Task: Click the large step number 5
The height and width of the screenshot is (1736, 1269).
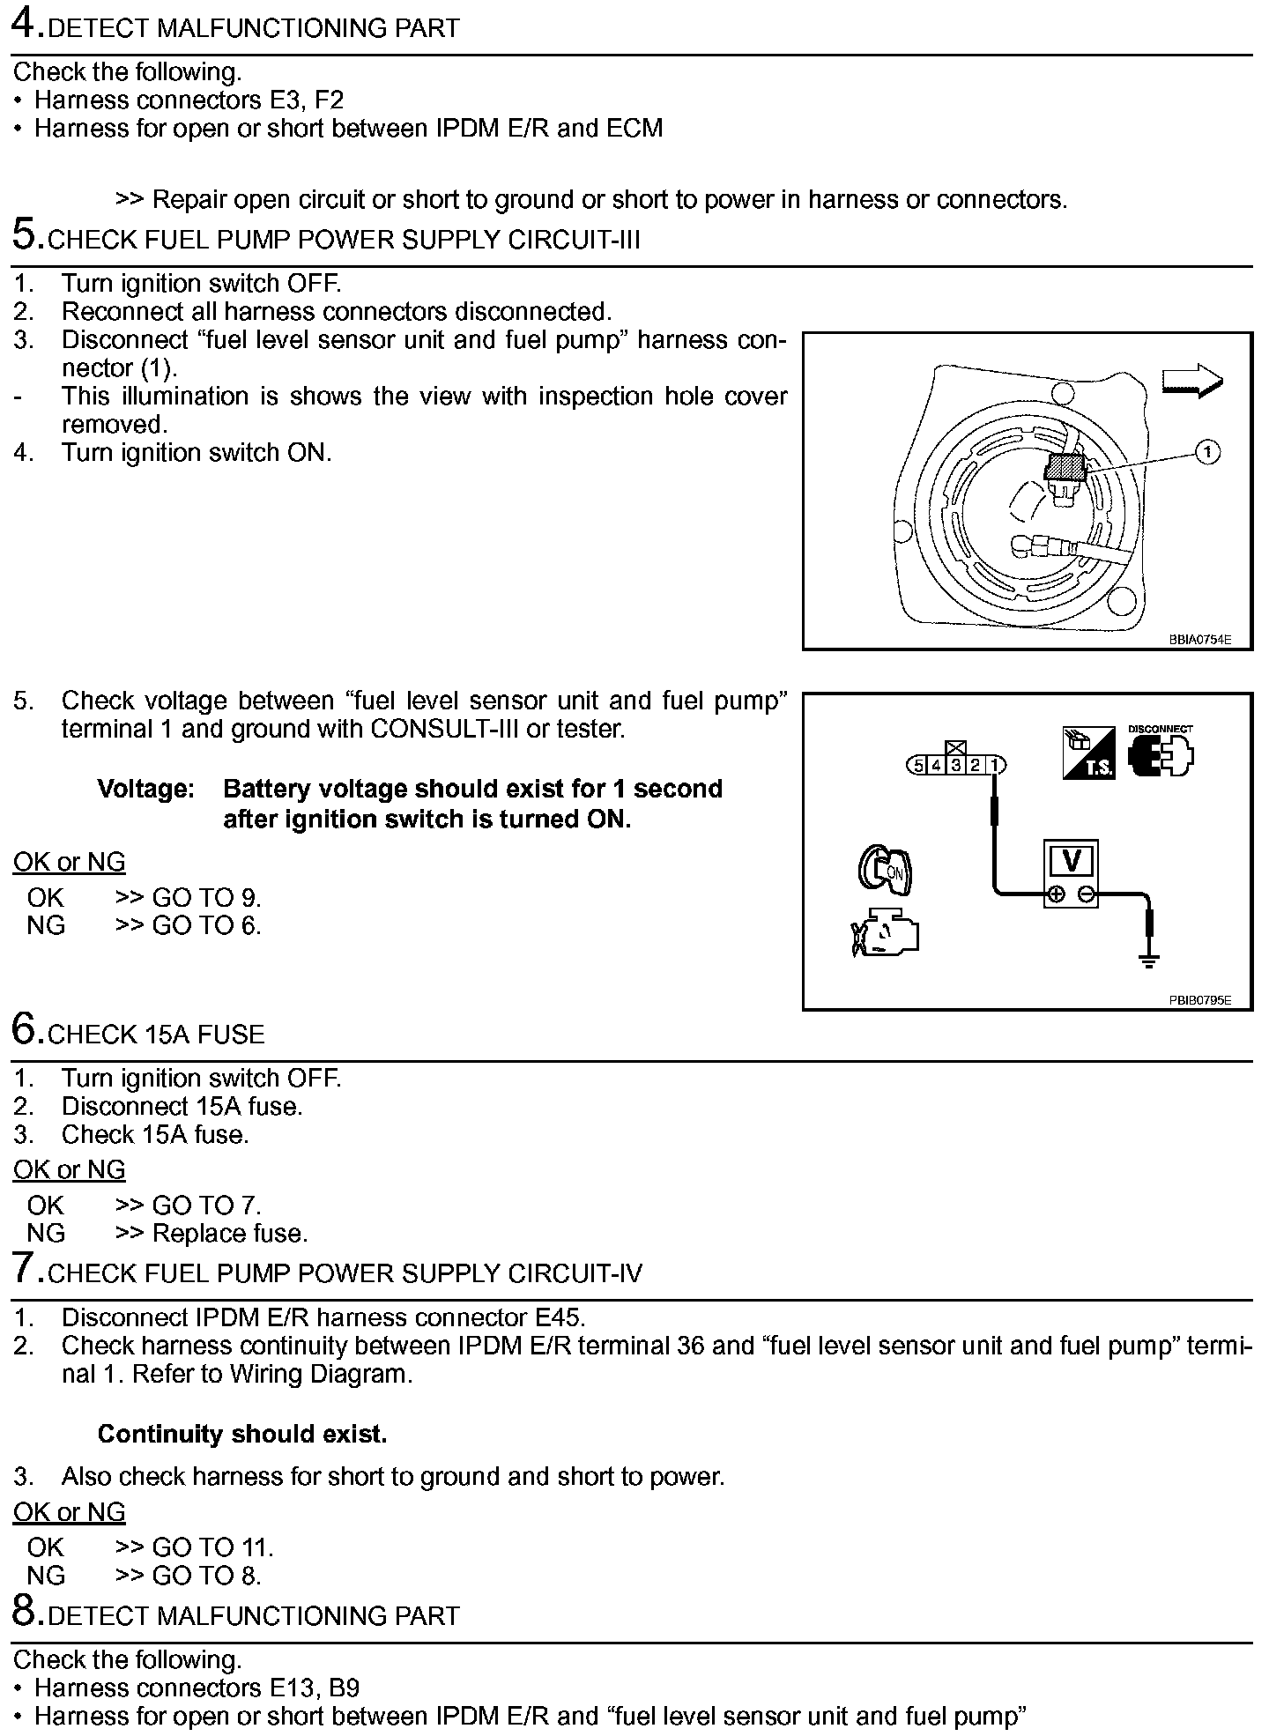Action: (26, 235)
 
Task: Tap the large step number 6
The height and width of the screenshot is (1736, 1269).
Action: (26, 1029)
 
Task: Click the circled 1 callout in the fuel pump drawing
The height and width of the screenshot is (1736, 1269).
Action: (1207, 452)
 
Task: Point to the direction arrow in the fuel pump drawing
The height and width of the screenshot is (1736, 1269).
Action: (1192, 381)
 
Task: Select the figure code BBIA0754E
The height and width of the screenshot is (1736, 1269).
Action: (1199, 640)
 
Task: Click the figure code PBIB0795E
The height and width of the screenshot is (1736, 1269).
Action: (1199, 1000)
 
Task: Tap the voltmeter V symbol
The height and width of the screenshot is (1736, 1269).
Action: (1071, 861)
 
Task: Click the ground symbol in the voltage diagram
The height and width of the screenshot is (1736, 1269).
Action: (1149, 960)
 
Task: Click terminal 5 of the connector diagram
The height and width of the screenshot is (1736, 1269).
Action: (919, 765)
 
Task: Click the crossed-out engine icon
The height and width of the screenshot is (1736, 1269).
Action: (885, 933)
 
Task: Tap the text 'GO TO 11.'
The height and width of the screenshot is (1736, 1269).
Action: (212, 1547)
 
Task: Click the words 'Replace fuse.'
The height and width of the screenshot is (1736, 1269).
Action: (230, 1233)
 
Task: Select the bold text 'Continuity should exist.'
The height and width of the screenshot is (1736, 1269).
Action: (242, 1434)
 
